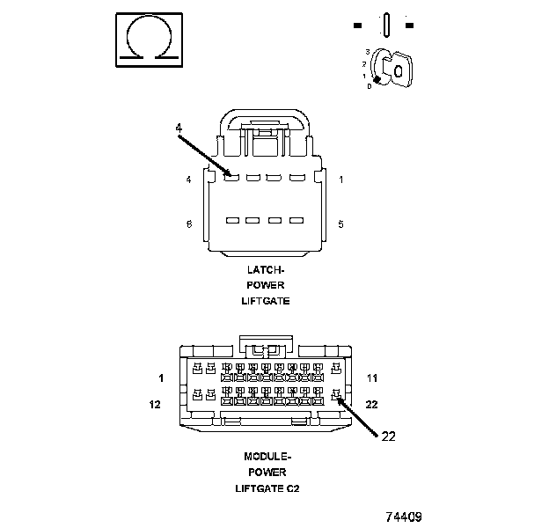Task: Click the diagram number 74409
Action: (403, 517)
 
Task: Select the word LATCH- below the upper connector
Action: (265, 269)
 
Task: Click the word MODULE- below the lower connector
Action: (267, 456)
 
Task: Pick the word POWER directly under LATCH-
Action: (265, 285)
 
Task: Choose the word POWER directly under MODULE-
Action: (267, 472)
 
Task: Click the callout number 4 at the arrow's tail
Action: (179, 128)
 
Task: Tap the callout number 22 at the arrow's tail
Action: (389, 435)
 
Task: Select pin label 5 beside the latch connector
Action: (340, 224)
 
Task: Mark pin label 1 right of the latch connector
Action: (340, 180)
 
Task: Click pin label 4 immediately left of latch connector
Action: (188, 180)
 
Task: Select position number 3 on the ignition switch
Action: (366, 53)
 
